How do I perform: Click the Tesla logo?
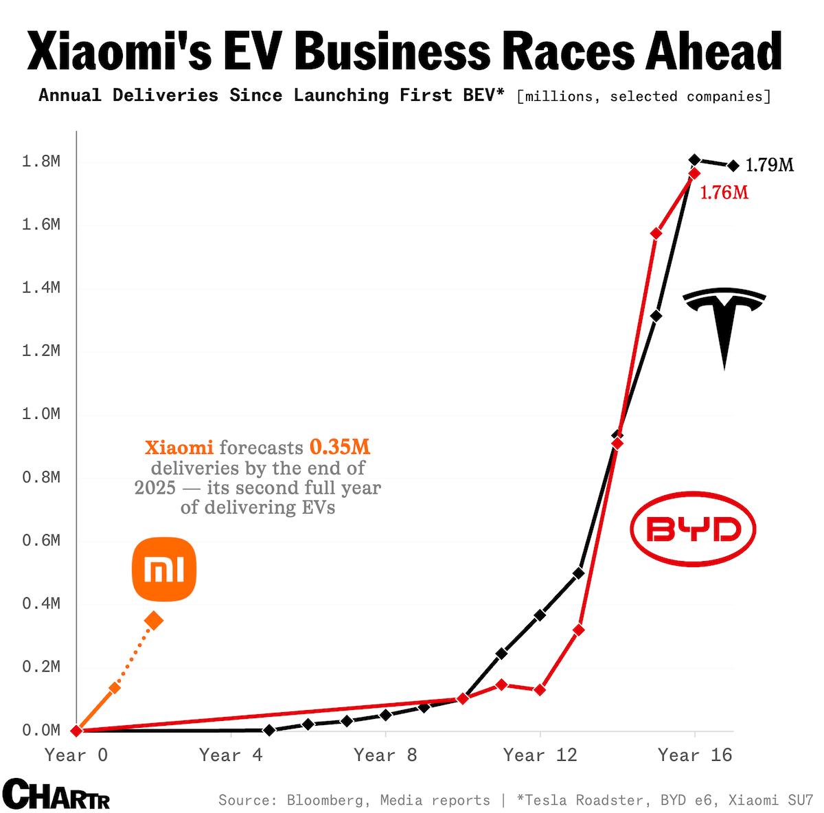(x=724, y=323)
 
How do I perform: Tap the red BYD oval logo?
(x=693, y=529)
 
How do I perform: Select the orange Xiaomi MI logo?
(x=164, y=569)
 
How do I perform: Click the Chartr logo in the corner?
(x=56, y=794)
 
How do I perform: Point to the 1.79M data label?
(x=769, y=165)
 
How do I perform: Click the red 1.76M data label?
(x=724, y=193)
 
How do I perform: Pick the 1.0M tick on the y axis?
(x=41, y=414)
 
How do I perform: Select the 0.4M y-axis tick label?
(x=41, y=604)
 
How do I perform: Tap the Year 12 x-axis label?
(x=540, y=755)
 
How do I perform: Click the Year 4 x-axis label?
(x=231, y=755)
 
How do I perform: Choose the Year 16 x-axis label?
(x=695, y=755)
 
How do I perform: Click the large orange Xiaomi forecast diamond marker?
(x=154, y=621)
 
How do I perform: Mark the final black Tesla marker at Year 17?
(x=733, y=165)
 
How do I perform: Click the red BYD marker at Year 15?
(x=656, y=233)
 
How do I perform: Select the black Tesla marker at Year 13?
(x=578, y=573)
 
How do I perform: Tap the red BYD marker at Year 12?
(x=540, y=689)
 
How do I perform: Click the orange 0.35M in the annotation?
(x=340, y=448)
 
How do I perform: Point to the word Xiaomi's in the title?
(x=119, y=51)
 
